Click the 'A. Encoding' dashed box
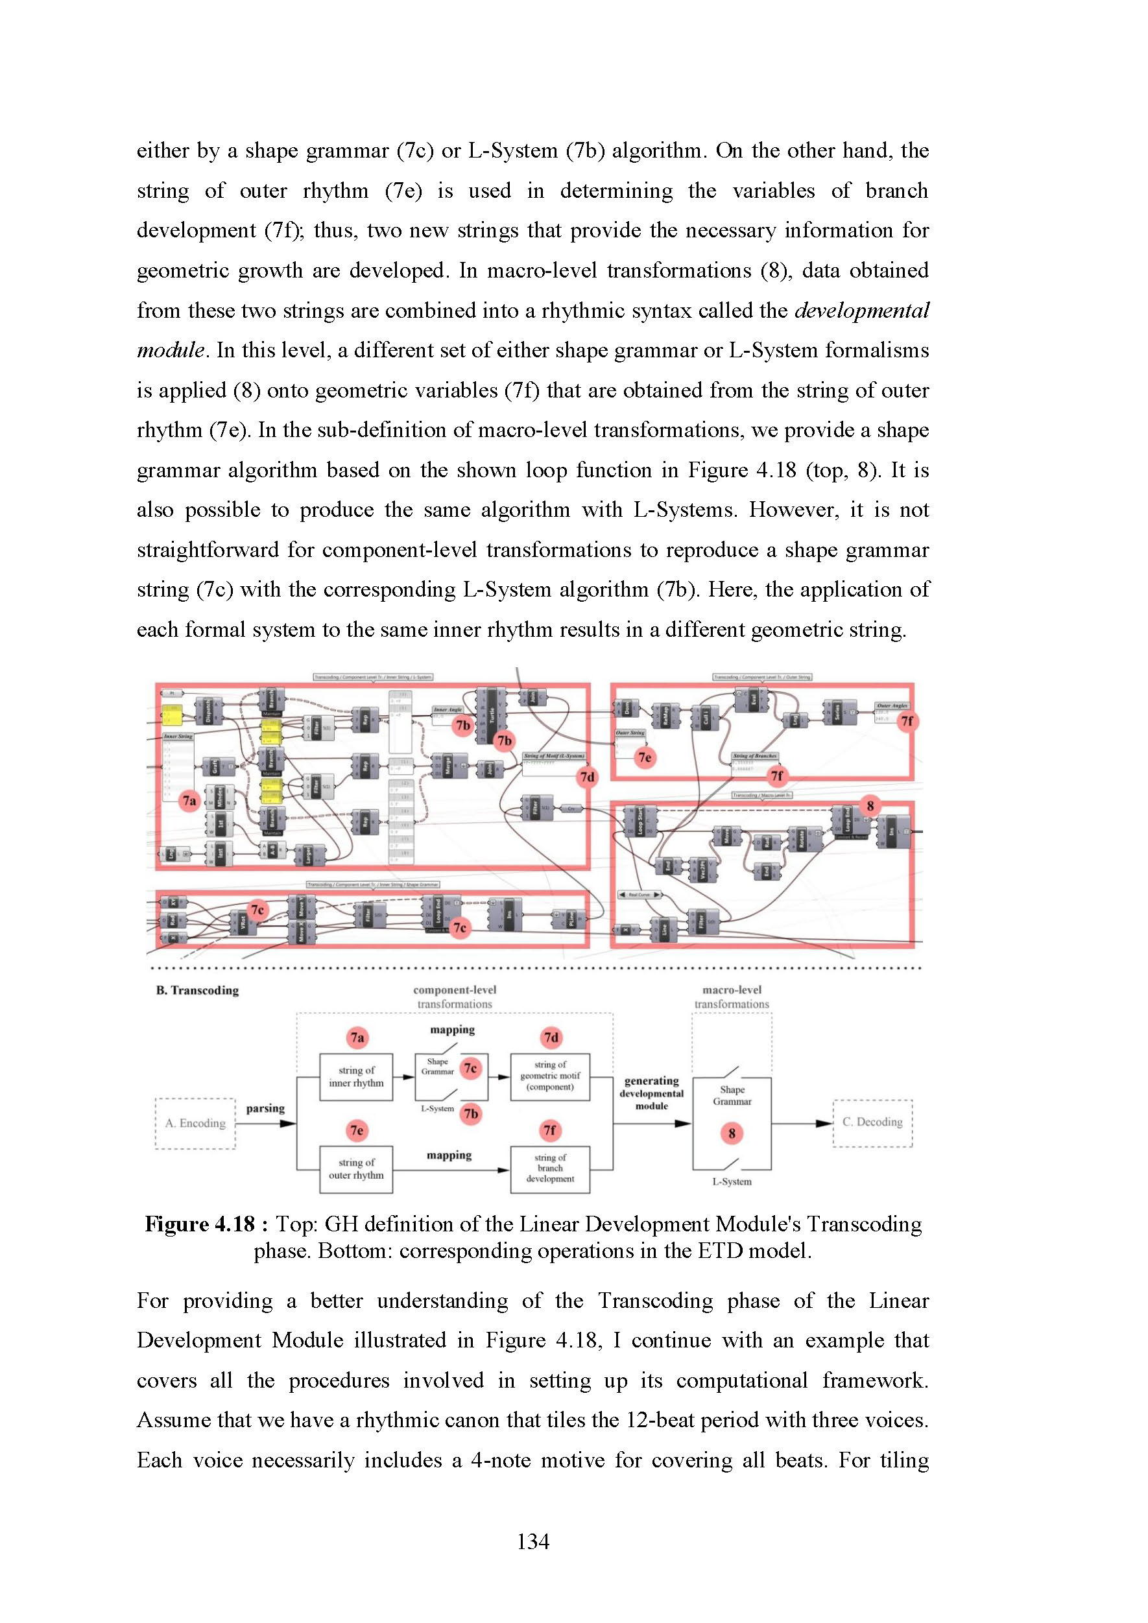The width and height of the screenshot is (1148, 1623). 195,1123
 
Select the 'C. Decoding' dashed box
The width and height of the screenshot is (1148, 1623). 872,1122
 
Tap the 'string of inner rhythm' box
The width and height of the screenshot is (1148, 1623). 356,1076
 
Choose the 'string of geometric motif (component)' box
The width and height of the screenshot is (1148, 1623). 550,1076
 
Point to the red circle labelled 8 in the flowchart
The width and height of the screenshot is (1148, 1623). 732,1133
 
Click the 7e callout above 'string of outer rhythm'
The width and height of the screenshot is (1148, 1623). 357,1130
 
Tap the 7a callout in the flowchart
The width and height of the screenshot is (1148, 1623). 357,1037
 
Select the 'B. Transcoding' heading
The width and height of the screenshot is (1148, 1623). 197,990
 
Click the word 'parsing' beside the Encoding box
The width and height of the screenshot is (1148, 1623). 265,1108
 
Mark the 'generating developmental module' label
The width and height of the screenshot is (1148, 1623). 651,1093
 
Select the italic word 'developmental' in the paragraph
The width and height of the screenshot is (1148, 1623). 862,311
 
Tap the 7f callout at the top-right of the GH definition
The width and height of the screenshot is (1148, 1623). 906,721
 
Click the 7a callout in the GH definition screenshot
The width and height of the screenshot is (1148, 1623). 189,801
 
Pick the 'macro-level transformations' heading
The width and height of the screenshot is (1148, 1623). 732,997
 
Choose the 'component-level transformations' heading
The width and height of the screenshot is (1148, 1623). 455,997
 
